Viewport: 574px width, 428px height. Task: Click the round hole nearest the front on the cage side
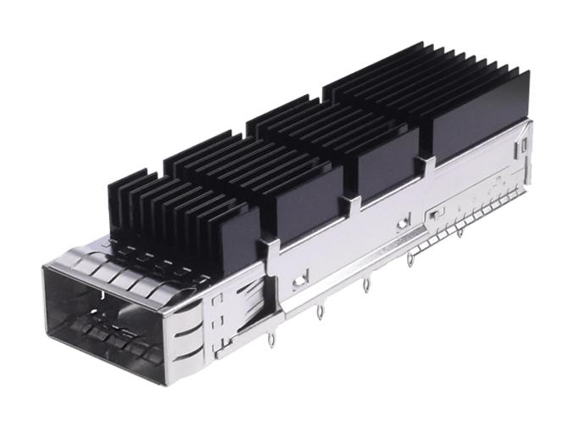pos(298,278)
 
